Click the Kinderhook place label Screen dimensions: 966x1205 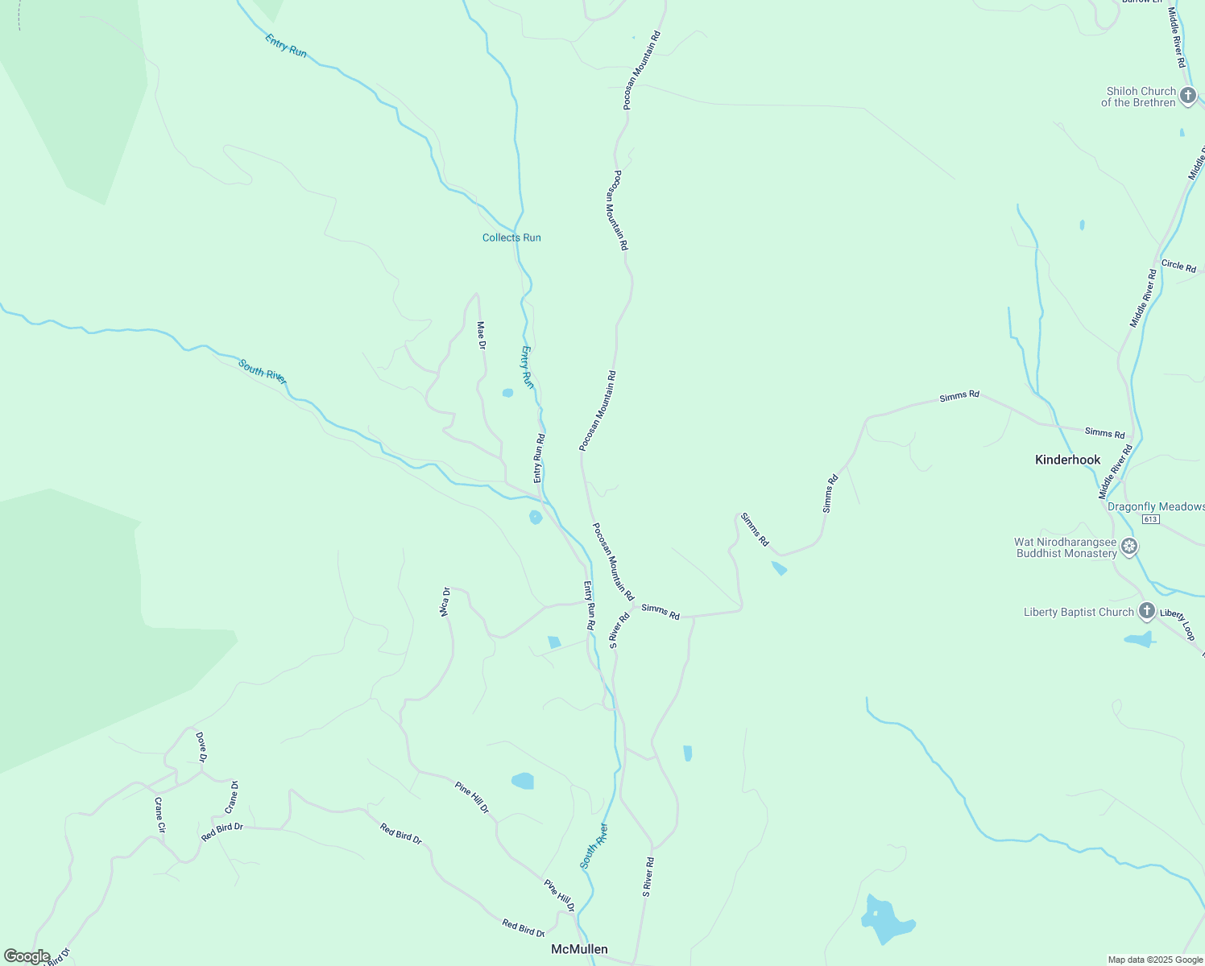pos(1067,460)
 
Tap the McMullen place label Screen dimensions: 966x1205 pos(579,949)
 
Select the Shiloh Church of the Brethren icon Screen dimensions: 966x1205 pos(1187,97)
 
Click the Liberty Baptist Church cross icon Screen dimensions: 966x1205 pos(1146,612)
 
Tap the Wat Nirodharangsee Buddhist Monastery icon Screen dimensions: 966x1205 pos(1129,547)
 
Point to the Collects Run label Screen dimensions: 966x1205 pos(511,237)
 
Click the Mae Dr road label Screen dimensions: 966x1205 pos(482,335)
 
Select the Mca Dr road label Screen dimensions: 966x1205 pos(445,601)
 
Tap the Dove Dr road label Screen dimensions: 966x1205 pos(201,747)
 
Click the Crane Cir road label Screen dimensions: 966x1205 pos(160,815)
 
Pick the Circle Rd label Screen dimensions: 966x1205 pos(1178,266)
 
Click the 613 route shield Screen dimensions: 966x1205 pos(1150,519)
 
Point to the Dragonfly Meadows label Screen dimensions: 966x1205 pos(1155,506)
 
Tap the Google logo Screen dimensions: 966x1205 pos(27,956)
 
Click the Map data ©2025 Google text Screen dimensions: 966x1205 pos(1154,960)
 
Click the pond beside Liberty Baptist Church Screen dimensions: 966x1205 pos(1139,640)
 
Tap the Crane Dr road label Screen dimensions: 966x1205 pos(232,796)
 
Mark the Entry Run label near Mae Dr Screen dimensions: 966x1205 pos(527,367)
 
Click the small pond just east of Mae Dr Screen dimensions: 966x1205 pos(507,393)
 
